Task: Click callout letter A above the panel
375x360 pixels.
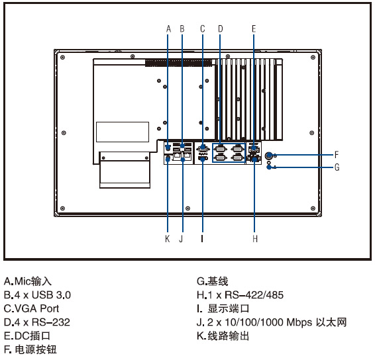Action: click(x=168, y=28)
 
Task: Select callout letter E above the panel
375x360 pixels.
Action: click(x=254, y=28)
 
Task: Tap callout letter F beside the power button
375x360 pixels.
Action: click(x=337, y=155)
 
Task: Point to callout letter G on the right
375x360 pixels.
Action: click(x=337, y=167)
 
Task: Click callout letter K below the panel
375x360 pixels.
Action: click(x=168, y=238)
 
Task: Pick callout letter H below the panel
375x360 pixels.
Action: click(x=255, y=238)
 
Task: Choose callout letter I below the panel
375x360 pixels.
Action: click(x=202, y=238)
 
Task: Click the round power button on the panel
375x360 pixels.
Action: click(x=269, y=156)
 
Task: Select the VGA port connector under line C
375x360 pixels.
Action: click(x=203, y=149)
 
